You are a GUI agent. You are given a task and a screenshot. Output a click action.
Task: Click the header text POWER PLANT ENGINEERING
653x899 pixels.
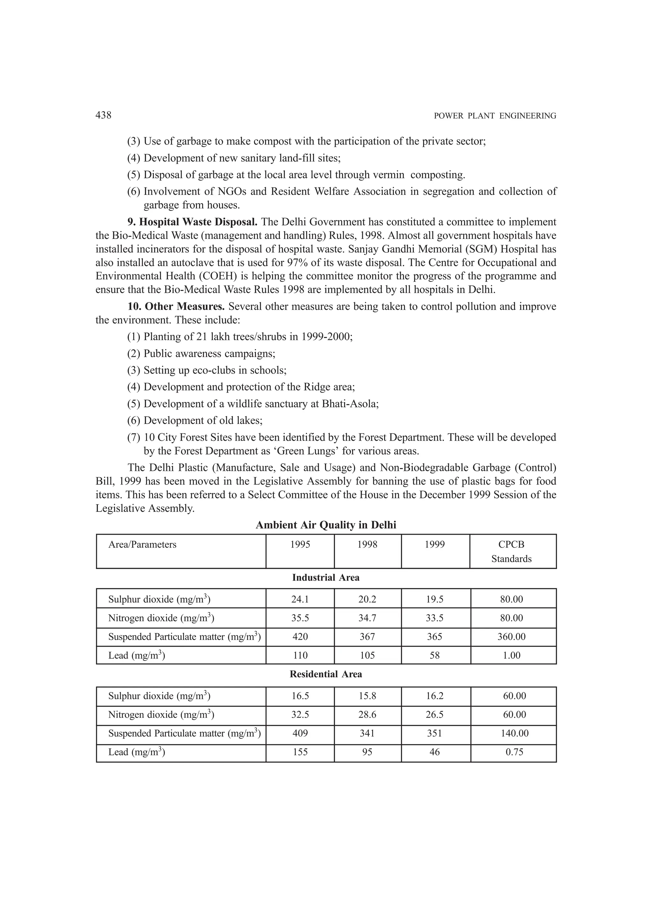click(495, 116)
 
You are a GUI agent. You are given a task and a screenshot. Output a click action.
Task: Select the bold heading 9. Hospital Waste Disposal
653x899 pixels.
click(193, 222)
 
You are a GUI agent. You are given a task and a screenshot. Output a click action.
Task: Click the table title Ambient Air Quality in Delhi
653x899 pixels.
click(326, 525)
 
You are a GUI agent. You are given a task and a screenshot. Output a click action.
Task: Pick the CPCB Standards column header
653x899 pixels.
click(511, 551)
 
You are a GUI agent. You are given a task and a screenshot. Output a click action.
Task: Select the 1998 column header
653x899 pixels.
click(367, 544)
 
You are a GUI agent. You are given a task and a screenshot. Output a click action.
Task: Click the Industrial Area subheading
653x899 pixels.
click(326, 577)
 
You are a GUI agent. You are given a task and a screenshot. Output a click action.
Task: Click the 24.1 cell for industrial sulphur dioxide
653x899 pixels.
click(300, 599)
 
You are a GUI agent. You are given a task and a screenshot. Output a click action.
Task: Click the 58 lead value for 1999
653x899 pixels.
click(435, 655)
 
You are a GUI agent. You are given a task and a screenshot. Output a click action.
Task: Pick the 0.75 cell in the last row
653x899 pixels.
click(514, 752)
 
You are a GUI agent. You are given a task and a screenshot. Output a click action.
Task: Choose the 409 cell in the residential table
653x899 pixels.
click(300, 733)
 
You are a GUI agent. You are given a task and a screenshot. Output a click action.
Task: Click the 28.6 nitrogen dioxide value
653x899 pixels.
click(367, 715)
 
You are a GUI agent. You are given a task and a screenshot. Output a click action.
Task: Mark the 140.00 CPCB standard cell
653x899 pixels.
click(514, 733)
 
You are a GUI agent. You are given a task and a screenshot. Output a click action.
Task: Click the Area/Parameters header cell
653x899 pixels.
click(142, 544)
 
